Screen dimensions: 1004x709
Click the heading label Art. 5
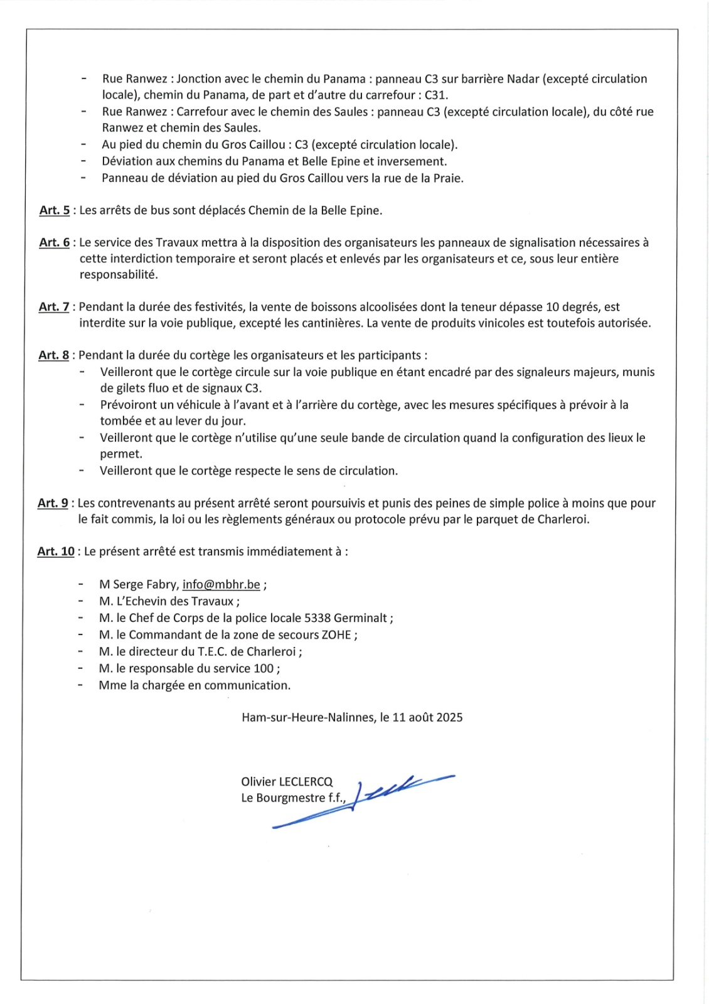[55, 210]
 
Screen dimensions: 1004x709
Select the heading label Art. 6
[55, 242]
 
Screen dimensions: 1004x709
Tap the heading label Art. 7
[54, 307]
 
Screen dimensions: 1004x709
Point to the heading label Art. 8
[54, 355]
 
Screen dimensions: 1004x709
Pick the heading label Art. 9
[53, 503]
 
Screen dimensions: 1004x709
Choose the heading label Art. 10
[56, 552]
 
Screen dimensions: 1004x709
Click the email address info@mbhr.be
[221, 584]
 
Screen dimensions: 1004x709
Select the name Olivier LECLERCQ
[287, 781]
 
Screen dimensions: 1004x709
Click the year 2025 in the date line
[449, 717]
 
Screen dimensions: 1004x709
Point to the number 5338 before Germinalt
[317, 618]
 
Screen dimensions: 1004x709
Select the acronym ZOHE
[337, 635]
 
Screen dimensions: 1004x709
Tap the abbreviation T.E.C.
[213, 651]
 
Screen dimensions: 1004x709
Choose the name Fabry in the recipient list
[161, 584]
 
